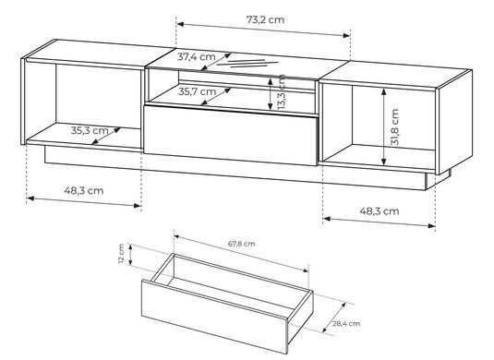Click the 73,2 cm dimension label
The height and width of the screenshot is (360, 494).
tap(265, 19)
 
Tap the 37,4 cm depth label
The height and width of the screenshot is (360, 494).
tap(197, 57)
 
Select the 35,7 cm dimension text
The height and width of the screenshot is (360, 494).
tap(198, 91)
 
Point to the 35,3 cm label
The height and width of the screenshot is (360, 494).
tap(90, 130)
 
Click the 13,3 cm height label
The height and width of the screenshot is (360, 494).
tap(282, 92)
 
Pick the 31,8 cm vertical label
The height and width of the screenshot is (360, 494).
tap(394, 126)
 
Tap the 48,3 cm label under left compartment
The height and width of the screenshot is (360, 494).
tap(84, 190)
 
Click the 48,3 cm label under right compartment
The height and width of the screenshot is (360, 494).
tap(380, 210)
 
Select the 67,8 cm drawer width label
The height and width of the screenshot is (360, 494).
tap(241, 244)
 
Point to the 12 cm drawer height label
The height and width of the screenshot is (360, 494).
tap(121, 254)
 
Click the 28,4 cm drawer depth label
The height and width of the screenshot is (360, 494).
tap(346, 323)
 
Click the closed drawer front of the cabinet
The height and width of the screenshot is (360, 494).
tap(230, 136)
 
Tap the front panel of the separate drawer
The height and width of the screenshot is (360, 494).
tap(214, 317)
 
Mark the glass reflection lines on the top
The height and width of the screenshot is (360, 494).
tap(248, 64)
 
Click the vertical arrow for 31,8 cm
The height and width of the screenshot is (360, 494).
tap(383, 127)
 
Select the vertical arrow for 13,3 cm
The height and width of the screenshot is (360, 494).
tap(270, 94)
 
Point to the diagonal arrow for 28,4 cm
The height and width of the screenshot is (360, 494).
tap(334, 318)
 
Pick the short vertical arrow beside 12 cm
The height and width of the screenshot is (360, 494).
tap(131, 255)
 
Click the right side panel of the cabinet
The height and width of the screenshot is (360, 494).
tap(453, 122)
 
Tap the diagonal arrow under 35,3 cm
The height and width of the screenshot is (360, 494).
tap(106, 136)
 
